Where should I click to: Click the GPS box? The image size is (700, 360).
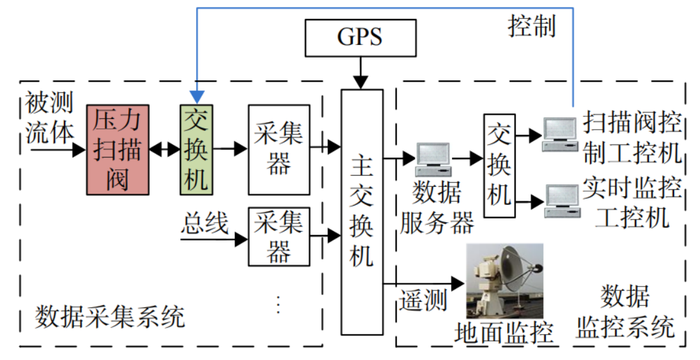click(360, 37)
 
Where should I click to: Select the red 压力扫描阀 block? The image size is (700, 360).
click(118, 149)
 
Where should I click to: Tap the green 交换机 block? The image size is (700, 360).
click(196, 149)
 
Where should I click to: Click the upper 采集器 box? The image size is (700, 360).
click(279, 149)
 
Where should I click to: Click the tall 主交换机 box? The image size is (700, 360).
click(362, 212)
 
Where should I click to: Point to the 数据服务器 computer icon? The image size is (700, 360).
click(433, 159)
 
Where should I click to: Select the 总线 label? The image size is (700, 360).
click(206, 223)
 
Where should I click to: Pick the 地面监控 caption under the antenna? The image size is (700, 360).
click(503, 332)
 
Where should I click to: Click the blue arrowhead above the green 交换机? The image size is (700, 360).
click(197, 97)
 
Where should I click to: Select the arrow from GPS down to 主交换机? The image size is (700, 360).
click(360, 73)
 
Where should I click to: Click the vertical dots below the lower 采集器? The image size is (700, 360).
click(278, 304)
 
